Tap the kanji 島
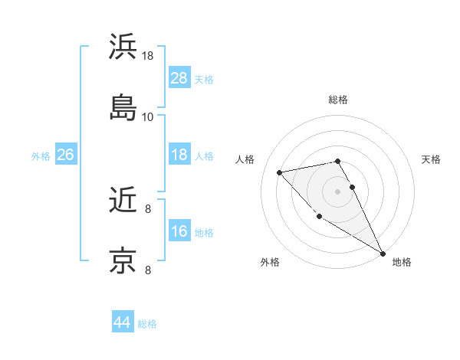[x=123, y=107]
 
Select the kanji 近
[x=123, y=201]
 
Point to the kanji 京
[x=123, y=260]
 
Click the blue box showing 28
[x=179, y=78]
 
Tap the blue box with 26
[x=66, y=155]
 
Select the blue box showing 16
[x=179, y=231]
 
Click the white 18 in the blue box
[x=179, y=155]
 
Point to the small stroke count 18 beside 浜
[x=148, y=56]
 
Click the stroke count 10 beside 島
[x=148, y=116]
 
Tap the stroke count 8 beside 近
[x=148, y=208]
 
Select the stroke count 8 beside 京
[x=148, y=269]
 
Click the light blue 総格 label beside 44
[x=148, y=324]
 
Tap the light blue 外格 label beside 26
[x=41, y=155]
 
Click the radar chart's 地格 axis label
[x=402, y=262]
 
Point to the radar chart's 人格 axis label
[x=245, y=159]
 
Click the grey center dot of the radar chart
[x=338, y=191]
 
